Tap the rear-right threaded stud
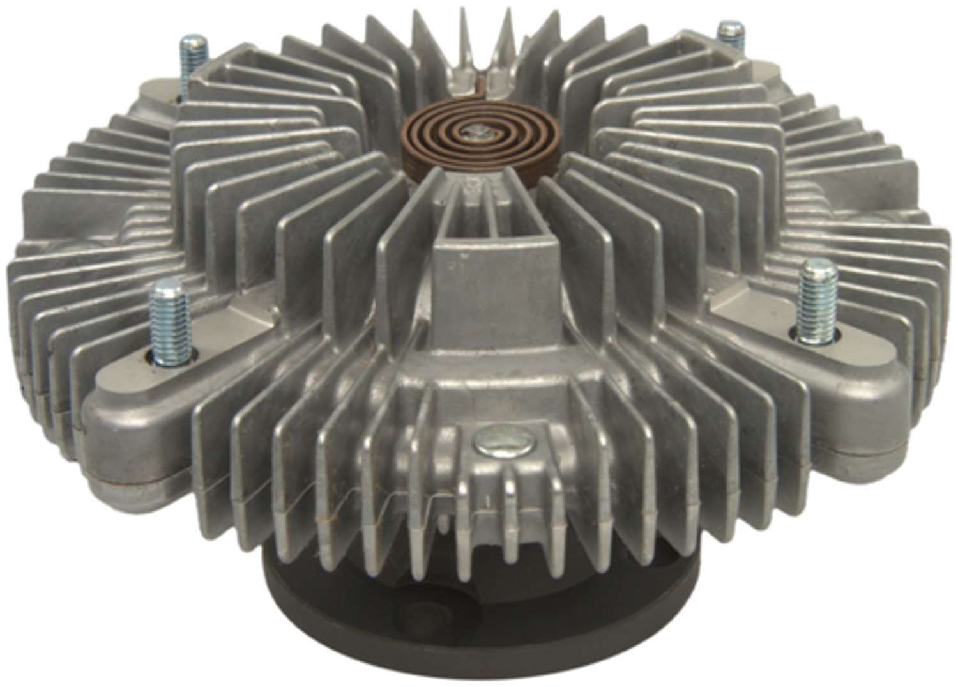[x=727, y=29]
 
